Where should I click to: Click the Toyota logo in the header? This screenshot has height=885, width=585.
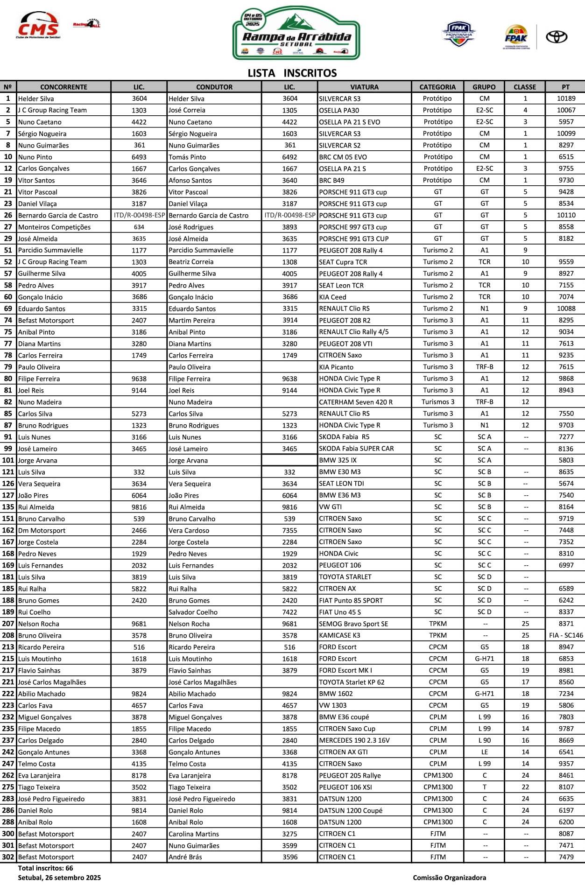(x=557, y=37)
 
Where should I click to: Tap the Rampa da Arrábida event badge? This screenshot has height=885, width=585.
(x=296, y=34)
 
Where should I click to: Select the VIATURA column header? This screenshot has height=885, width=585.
(x=364, y=87)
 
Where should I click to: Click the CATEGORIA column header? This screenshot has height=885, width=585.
(x=437, y=87)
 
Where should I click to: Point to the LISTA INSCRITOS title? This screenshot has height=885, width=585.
(x=292, y=73)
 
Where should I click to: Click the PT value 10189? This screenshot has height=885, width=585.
(x=566, y=98)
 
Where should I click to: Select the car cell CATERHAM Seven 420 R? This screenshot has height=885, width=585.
(x=356, y=402)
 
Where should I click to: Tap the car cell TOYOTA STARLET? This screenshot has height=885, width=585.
(x=345, y=577)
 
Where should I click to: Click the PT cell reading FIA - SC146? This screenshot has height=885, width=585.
(x=566, y=635)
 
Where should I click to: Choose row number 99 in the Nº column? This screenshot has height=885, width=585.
(x=8, y=449)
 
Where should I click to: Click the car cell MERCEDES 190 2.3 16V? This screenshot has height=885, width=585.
(x=354, y=740)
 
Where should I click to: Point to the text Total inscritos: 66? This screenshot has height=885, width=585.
(x=45, y=868)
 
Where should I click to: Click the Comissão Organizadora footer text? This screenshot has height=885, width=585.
(x=449, y=878)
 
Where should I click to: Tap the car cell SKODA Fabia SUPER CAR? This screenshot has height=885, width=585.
(x=356, y=449)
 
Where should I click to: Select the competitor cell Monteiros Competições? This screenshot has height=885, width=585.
(x=54, y=227)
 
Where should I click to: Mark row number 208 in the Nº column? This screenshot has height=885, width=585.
(x=8, y=635)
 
